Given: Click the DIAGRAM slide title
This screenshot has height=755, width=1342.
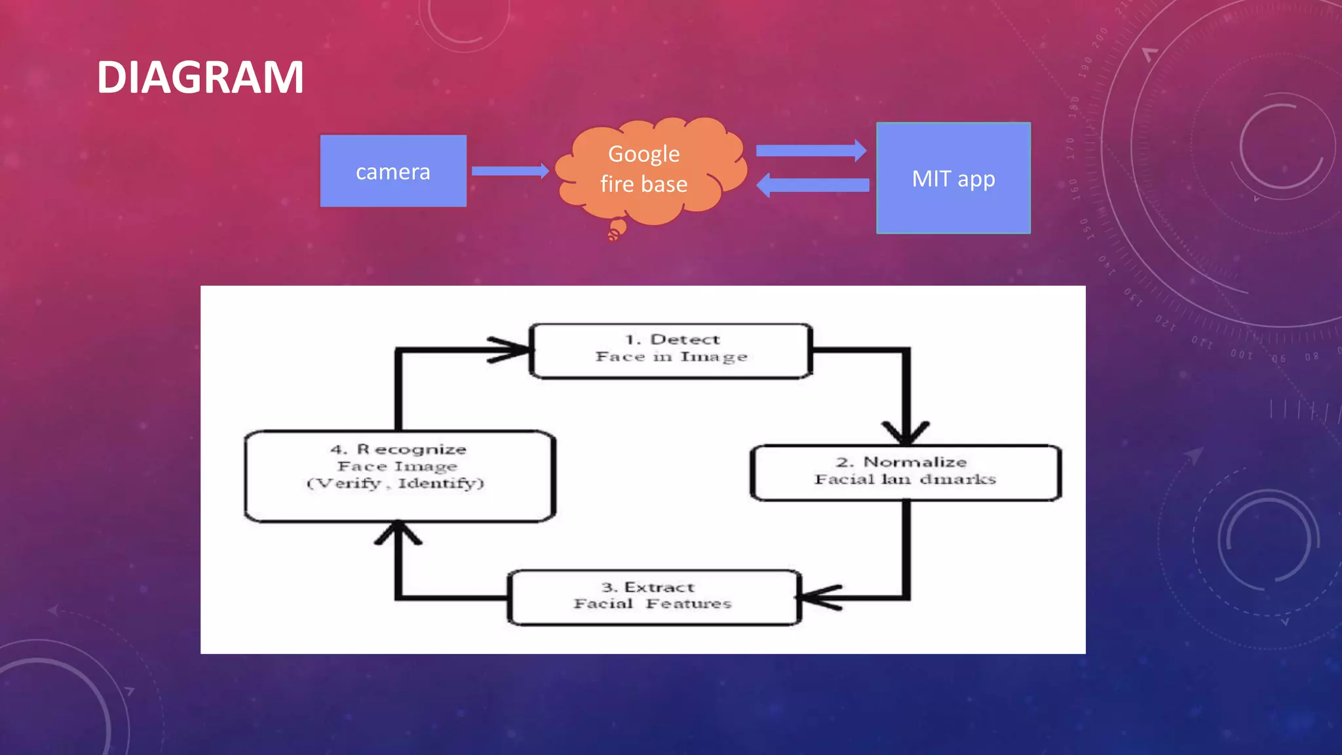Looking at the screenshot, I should [200, 77].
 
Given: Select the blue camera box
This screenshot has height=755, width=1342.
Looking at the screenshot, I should [393, 171].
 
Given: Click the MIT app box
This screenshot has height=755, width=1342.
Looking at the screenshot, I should [953, 178].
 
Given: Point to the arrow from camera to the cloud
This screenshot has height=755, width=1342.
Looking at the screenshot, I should [510, 171].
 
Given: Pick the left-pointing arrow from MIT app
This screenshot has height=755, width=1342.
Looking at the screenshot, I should [813, 185].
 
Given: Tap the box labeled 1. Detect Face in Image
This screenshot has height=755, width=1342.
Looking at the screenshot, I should [671, 351].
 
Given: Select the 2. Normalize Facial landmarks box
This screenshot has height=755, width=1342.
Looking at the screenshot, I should [905, 473].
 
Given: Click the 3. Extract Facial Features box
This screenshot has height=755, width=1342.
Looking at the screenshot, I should [653, 597].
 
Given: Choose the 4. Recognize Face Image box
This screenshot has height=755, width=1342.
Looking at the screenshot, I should [399, 476].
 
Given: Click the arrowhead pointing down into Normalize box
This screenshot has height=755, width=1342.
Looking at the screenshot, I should [906, 433].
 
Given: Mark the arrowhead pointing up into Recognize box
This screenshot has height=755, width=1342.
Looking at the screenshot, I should [398, 532].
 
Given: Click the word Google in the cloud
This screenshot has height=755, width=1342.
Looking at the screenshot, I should [643, 154].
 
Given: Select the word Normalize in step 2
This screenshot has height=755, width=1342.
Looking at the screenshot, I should [915, 462].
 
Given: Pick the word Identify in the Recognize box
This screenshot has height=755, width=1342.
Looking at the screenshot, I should [440, 484].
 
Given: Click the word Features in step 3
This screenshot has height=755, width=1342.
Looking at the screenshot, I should [688, 604].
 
